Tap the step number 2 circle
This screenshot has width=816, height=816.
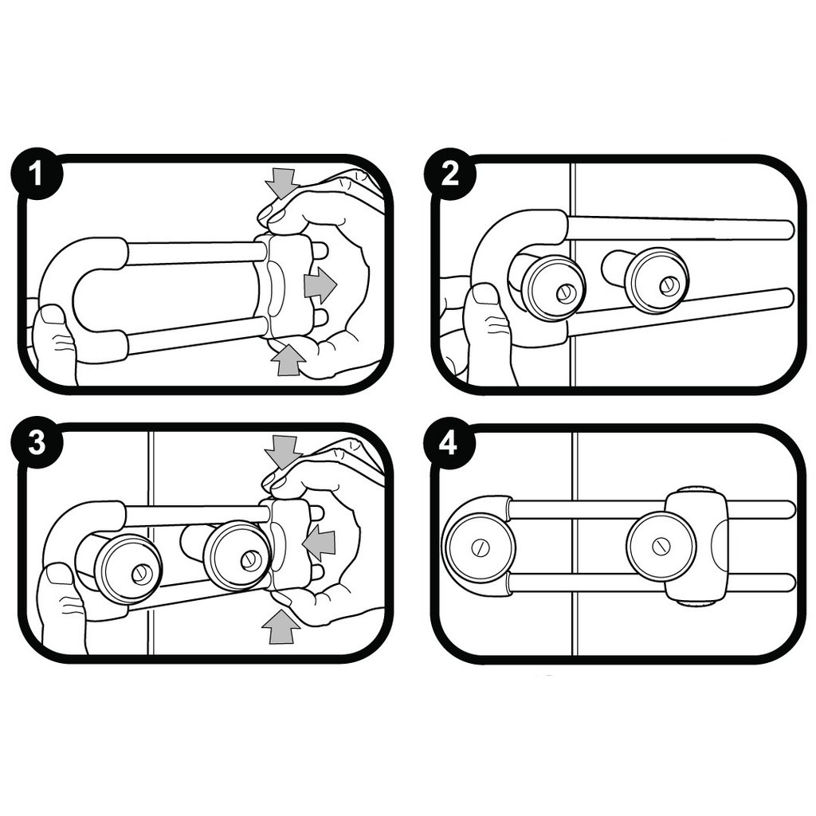449,175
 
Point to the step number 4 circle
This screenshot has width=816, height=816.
449,444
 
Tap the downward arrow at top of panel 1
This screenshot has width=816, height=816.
280,183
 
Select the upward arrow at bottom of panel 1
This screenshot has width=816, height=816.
288,359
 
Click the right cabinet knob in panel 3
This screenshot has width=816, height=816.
236,556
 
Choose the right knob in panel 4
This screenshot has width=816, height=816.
661,547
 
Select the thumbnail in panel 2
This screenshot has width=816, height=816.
484,294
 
